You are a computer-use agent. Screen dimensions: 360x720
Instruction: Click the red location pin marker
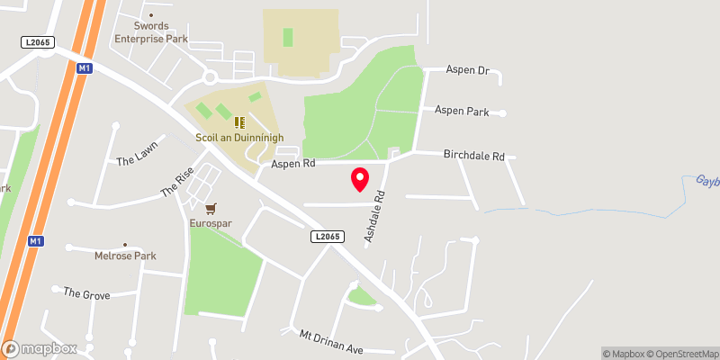[360, 179]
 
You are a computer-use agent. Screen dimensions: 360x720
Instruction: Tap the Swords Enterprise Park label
[150, 32]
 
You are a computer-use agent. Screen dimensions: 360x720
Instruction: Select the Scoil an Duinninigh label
[239, 138]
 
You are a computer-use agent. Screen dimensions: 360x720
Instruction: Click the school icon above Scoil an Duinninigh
[239, 121]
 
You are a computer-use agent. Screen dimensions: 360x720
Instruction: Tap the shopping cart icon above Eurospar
[211, 207]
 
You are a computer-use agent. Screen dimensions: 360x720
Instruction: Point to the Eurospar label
[211, 222]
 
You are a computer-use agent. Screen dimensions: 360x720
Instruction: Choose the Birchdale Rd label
[474, 155]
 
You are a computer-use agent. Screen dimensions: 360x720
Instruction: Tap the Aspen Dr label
[468, 69]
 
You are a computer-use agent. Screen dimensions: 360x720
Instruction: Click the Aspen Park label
[462, 112]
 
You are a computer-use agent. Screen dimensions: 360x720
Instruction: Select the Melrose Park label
[125, 256]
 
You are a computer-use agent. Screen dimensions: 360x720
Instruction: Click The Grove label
[85, 292]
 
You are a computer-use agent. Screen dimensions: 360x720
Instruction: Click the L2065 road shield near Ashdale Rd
[328, 237]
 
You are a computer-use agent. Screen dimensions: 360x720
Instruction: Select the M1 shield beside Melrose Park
[35, 241]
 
